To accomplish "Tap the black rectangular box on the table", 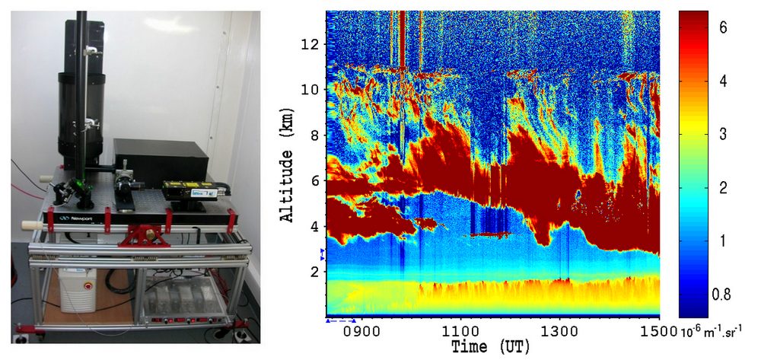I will (161, 162).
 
